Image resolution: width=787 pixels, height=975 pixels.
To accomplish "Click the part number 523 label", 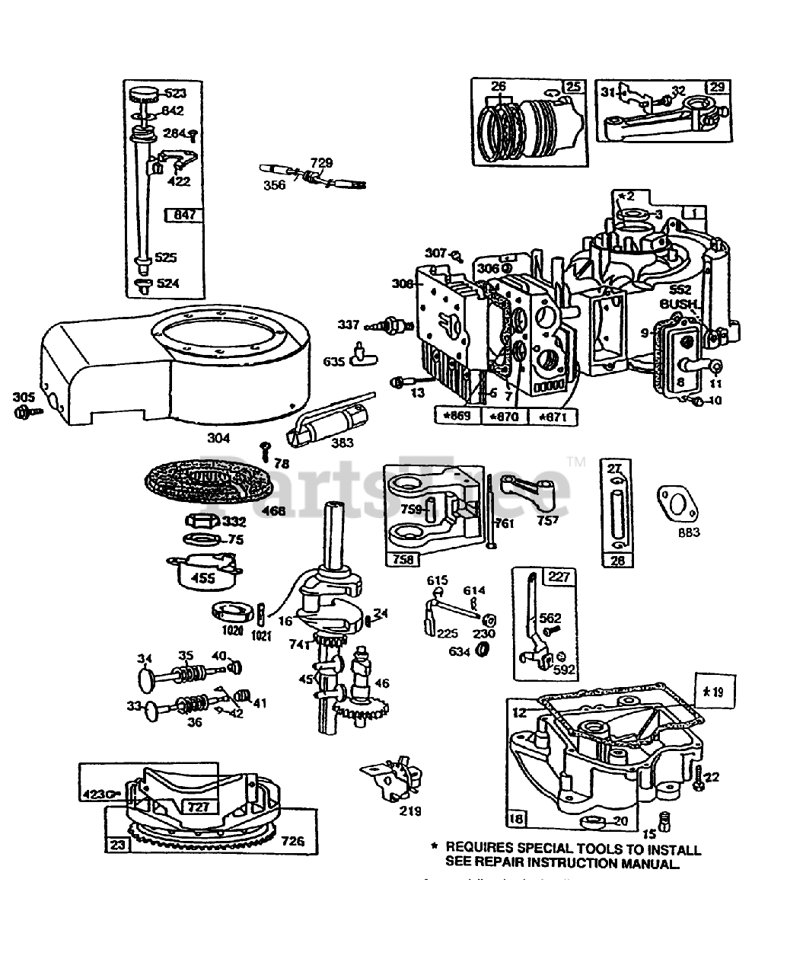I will point(174,94).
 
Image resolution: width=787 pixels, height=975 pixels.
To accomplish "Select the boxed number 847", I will point(183,216).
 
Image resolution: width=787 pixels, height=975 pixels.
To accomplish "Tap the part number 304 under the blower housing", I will point(218,438).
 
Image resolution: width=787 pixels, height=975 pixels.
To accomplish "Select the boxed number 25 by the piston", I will point(574,86).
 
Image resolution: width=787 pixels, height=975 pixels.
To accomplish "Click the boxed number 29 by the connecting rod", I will point(716,86).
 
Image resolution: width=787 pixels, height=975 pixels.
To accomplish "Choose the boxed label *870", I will point(505,416).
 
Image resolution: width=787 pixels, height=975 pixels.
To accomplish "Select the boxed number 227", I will point(559,577).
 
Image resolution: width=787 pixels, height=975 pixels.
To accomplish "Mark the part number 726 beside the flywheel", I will point(292,841).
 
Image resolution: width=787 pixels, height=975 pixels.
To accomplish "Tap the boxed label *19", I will point(713,692).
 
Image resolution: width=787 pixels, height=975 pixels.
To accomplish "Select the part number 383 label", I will point(343,443).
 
